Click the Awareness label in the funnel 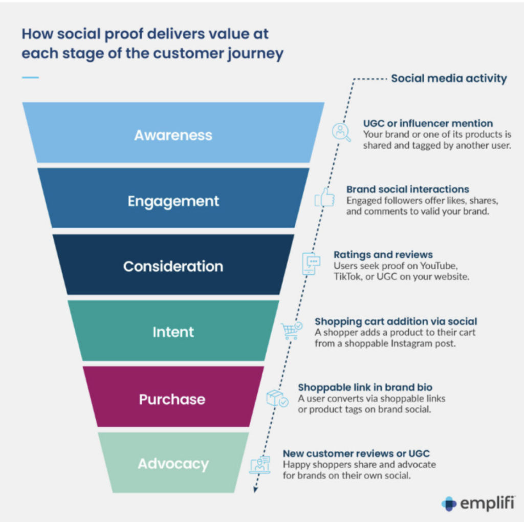click(173, 135)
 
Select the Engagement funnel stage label click(173, 201)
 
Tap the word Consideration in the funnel click(173, 266)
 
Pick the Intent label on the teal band click(173, 332)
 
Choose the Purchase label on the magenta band click(172, 399)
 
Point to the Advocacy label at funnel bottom click(173, 464)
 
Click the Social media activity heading click(449, 78)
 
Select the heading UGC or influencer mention click(428, 123)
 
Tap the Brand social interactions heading click(408, 189)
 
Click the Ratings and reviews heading click(383, 255)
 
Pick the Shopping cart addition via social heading click(396, 321)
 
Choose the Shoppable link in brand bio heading click(365, 387)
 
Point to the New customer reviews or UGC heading click(356, 453)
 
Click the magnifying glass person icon click(341, 132)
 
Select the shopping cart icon click(291, 331)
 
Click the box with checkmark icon click(277, 398)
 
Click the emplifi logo click(478, 503)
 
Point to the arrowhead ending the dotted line click(255, 490)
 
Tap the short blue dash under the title click(30, 77)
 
